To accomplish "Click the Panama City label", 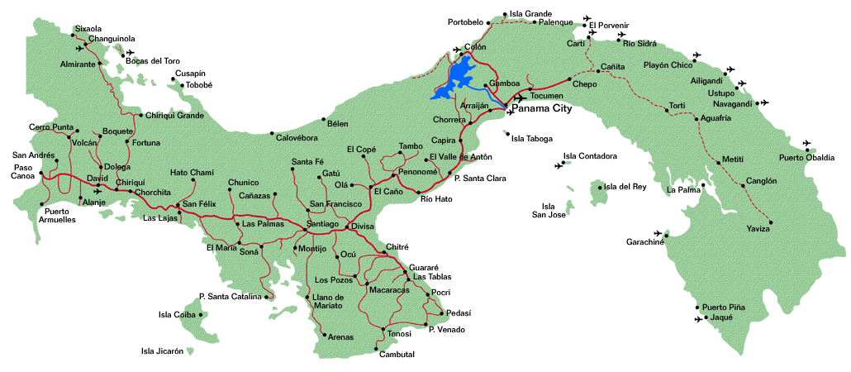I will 553,107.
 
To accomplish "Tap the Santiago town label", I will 322,224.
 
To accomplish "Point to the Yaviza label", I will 758,228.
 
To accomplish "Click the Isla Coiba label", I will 176,314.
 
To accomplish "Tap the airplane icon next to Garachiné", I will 658,233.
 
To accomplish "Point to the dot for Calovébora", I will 273,132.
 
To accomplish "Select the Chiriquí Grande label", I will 174,115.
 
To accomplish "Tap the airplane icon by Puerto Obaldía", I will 806,143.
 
